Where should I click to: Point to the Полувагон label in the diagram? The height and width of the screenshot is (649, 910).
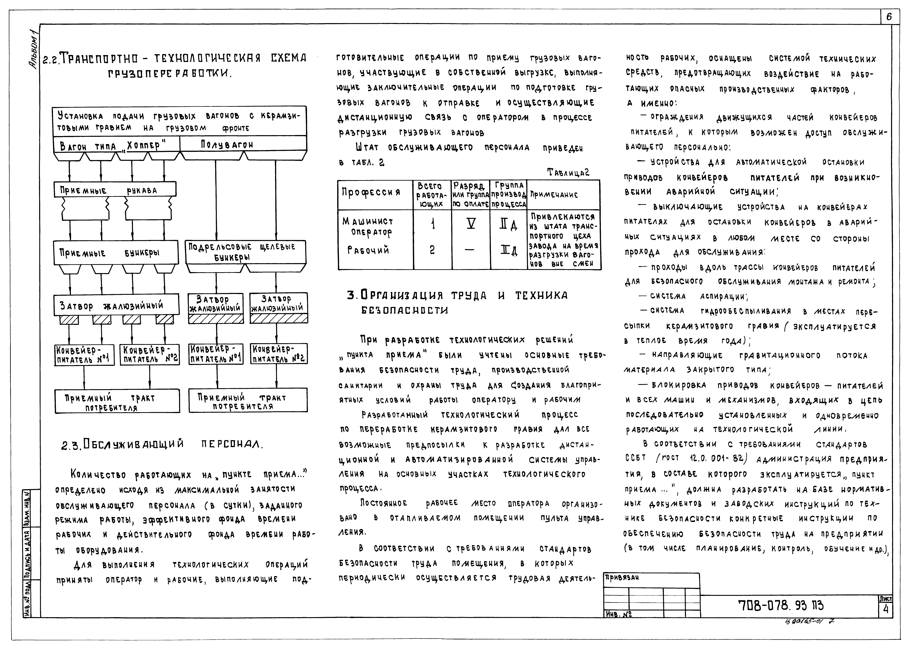[227, 144]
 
